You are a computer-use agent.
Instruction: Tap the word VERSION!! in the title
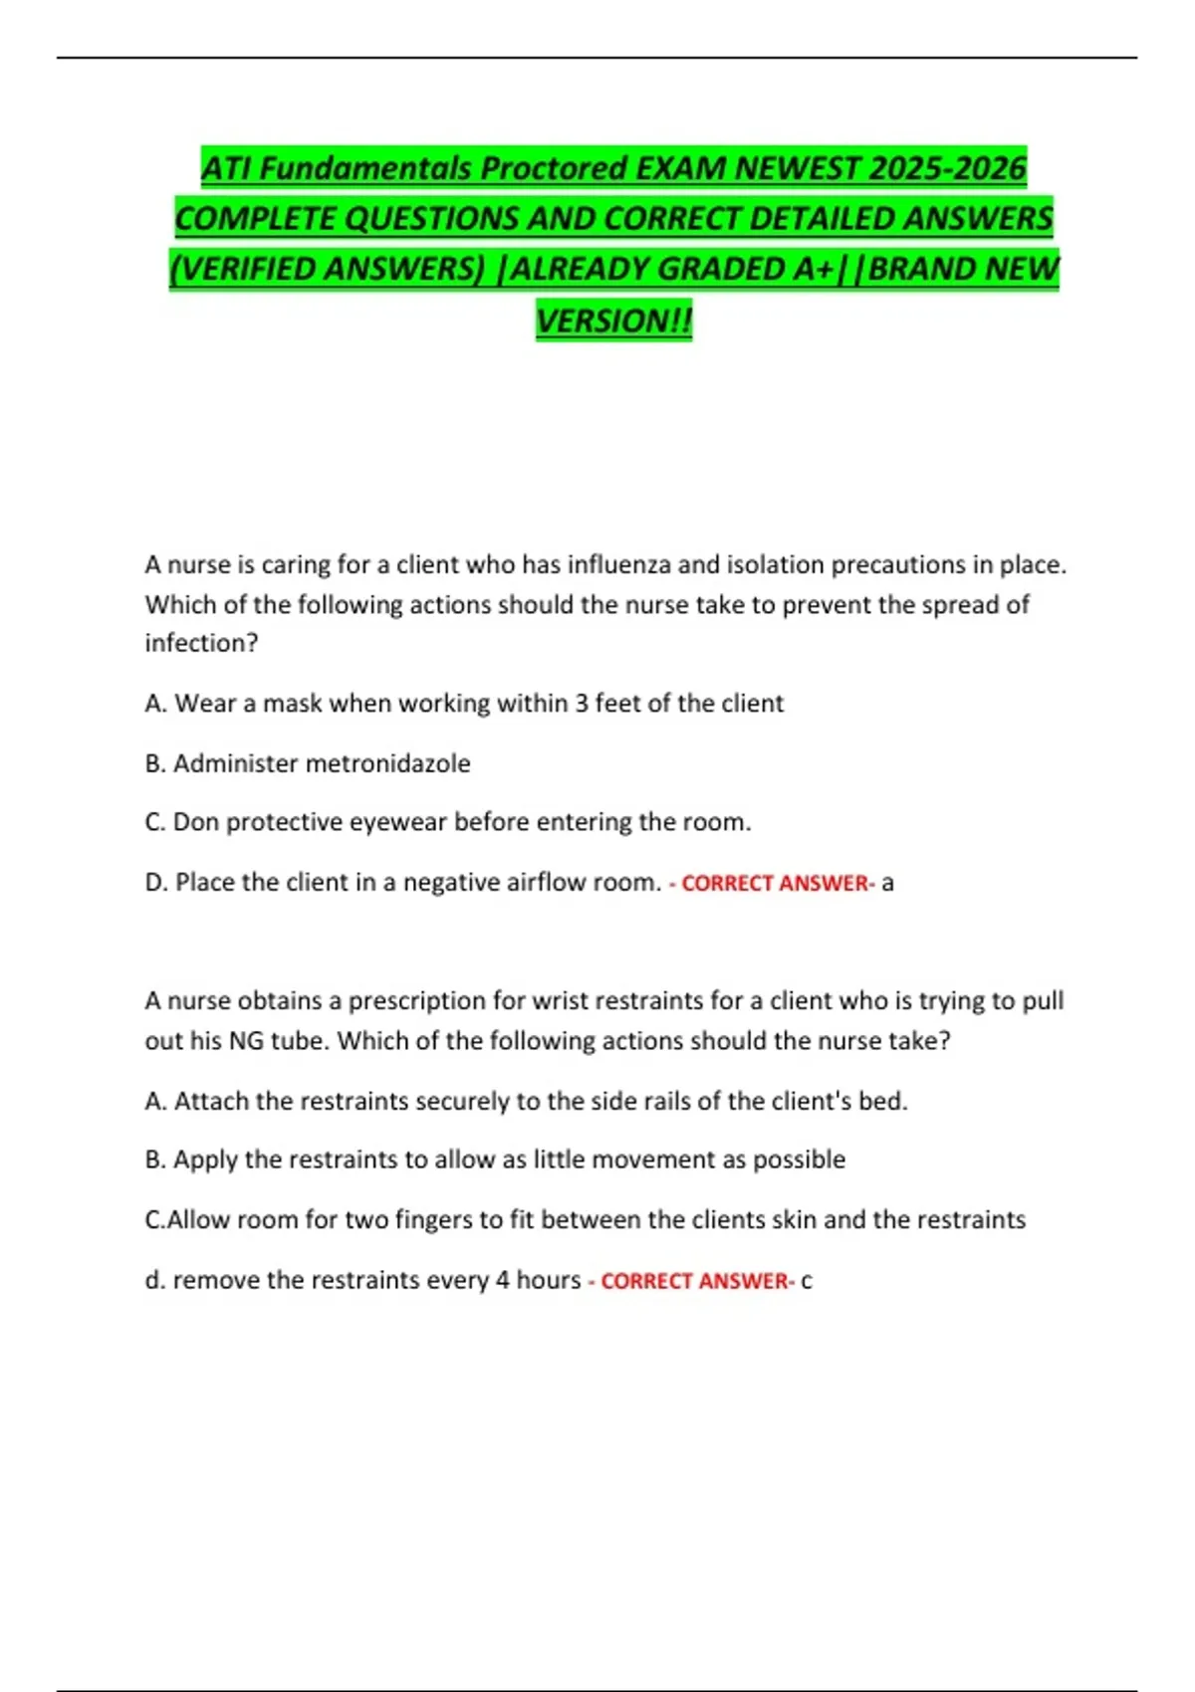tap(613, 320)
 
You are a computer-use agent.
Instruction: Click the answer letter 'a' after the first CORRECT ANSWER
tap(887, 883)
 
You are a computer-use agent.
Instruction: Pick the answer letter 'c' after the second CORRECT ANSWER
tap(807, 1281)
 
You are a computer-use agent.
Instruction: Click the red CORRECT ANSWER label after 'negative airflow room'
tap(775, 883)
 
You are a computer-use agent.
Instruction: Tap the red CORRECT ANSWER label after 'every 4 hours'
tap(694, 1281)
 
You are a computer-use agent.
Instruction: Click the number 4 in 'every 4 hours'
tap(503, 1280)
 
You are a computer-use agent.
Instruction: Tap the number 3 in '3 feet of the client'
tap(582, 704)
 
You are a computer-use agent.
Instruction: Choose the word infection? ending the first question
tap(201, 643)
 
